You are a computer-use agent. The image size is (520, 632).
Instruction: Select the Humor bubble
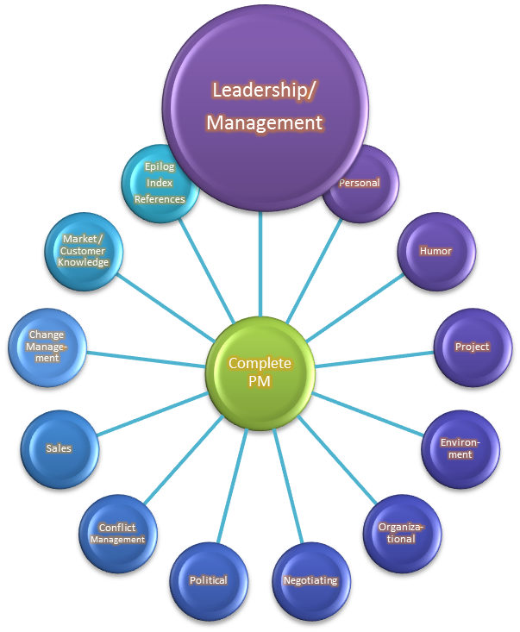coord(435,251)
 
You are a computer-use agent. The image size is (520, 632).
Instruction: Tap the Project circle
coord(472,347)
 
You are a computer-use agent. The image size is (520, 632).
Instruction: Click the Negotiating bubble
coord(310,580)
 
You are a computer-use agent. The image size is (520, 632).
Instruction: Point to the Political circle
coord(208,580)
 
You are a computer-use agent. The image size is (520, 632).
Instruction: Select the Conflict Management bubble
coord(117,533)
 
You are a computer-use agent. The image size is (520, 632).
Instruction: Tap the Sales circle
coord(59,448)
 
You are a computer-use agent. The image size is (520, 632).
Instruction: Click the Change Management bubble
coord(47,347)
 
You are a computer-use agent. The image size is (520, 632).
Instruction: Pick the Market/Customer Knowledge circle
coord(85,251)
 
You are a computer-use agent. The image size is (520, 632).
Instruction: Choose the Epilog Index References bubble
coord(160,183)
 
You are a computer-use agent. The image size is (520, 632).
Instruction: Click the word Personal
coord(359,183)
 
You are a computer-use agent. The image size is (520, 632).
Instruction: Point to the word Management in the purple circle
coord(264,122)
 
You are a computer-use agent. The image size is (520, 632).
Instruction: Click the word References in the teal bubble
coord(160,199)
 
